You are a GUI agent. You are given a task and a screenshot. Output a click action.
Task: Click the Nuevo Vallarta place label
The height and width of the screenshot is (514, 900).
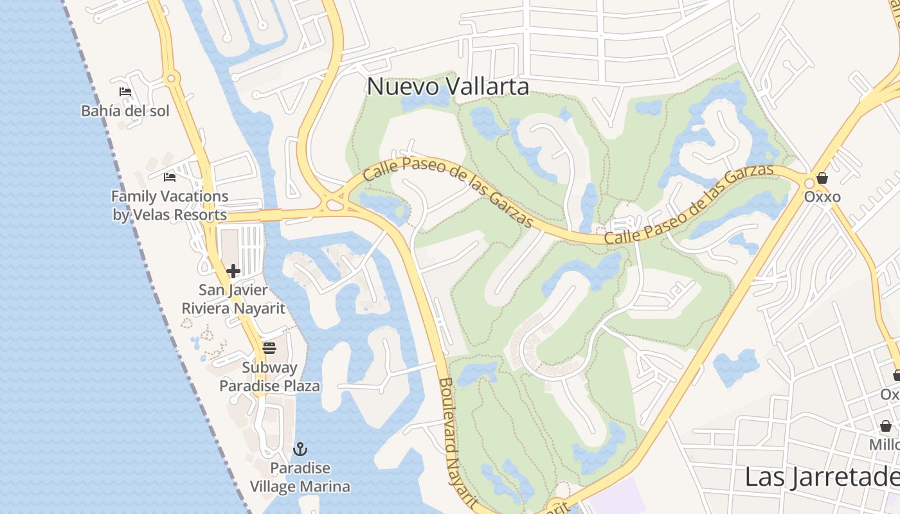(x=448, y=87)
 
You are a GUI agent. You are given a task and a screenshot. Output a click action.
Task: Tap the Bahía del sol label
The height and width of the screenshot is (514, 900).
(x=125, y=111)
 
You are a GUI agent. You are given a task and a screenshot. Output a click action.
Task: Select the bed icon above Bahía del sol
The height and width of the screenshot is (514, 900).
(x=125, y=92)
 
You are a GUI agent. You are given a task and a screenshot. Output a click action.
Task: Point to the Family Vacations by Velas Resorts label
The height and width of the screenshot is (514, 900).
(x=170, y=206)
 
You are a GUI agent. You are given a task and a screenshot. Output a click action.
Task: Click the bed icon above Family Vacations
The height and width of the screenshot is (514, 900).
(x=170, y=177)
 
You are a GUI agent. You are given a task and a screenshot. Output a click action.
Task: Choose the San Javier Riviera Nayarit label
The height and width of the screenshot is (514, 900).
(x=233, y=299)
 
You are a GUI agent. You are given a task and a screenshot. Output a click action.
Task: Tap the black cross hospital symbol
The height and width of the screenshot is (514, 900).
(x=233, y=271)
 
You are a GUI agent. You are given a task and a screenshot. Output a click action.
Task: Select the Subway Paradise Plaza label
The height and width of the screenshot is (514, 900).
(x=269, y=377)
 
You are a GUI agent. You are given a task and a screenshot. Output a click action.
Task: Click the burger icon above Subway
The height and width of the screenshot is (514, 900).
(x=269, y=348)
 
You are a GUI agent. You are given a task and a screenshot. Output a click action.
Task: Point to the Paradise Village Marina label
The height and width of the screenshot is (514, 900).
(x=300, y=477)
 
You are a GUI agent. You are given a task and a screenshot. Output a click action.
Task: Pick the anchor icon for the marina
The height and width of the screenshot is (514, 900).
(x=300, y=449)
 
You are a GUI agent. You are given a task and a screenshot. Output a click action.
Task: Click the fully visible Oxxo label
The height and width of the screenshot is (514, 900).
(x=822, y=197)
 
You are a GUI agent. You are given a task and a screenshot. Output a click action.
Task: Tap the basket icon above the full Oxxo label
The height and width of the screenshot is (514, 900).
(x=822, y=178)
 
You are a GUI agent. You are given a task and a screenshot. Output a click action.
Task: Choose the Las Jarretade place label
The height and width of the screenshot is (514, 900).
(x=822, y=477)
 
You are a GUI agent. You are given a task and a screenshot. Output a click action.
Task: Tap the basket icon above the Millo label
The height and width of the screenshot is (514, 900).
(x=886, y=426)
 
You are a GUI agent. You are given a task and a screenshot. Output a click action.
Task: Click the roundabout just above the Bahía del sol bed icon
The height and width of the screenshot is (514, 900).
(x=170, y=79)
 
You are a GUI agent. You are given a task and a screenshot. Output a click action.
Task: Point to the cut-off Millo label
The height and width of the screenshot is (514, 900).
(x=885, y=445)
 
